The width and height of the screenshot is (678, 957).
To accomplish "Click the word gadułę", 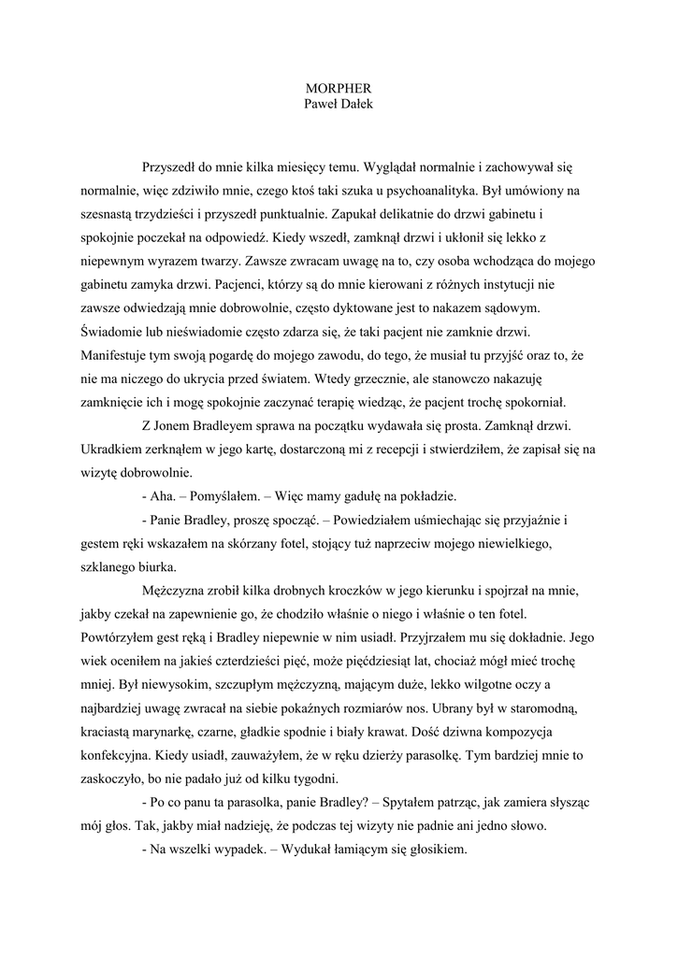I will (352, 495).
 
